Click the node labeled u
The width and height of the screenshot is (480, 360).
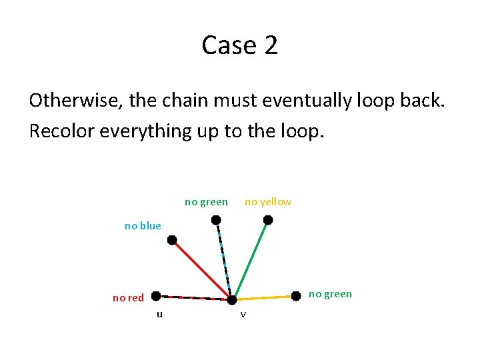155,295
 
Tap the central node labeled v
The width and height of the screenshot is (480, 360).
231,299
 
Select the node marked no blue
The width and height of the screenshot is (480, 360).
172,239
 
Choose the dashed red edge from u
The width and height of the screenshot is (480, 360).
193,297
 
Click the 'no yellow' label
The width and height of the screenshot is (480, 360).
268,202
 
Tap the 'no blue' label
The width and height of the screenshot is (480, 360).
143,226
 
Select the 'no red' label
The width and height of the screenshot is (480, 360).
128,298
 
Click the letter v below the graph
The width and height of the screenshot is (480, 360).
243,314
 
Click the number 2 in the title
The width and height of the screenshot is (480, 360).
270,45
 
